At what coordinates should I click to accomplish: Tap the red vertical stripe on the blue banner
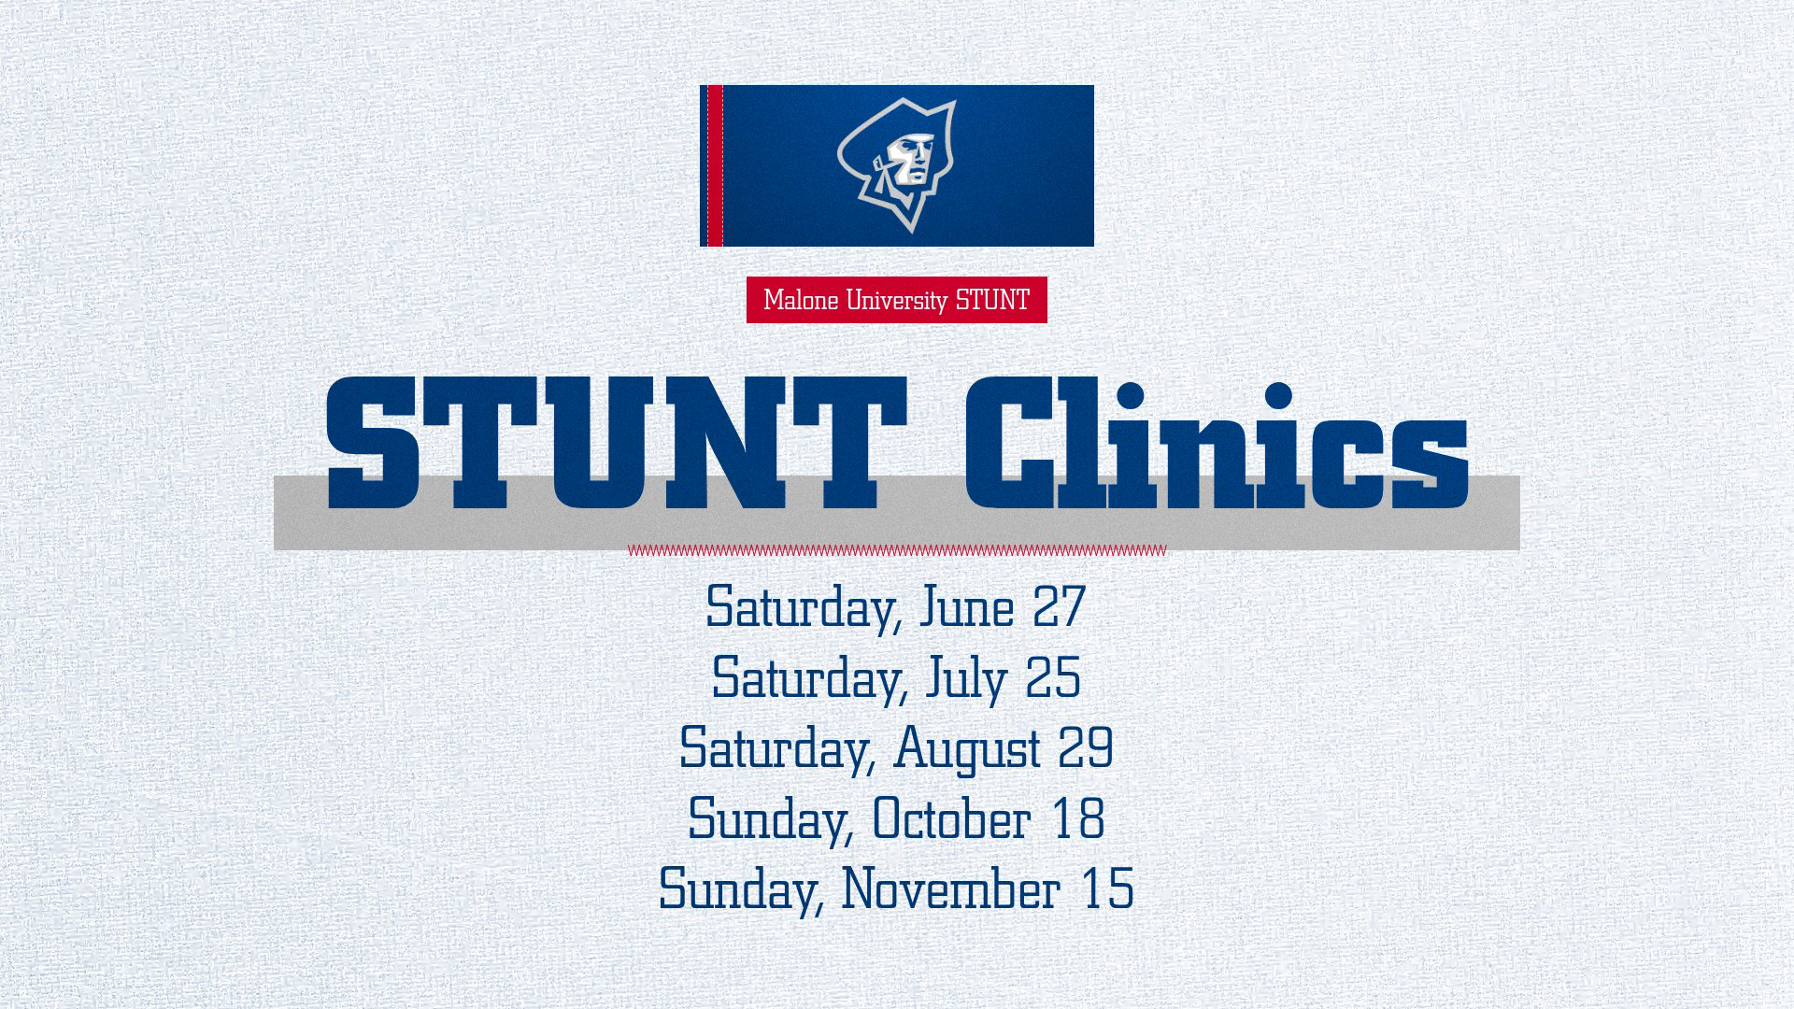click(x=715, y=165)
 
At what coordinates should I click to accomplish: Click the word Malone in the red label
click(x=801, y=300)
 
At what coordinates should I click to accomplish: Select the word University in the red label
click(x=896, y=300)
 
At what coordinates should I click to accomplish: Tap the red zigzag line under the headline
click(x=897, y=550)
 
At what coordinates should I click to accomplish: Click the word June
click(x=967, y=607)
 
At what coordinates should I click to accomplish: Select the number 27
click(x=1059, y=607)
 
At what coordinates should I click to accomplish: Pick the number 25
click(x=1053, y=677)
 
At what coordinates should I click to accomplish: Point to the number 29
click(x=1086, y=748)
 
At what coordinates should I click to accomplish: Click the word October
click(x=951, y=819)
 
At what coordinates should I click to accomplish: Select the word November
click(x=951, y=889)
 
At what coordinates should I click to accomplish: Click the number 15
click(x=1107, y=889)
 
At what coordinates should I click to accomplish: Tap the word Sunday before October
click(x=768, y=819)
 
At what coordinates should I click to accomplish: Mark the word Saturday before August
click(x=776, y=748)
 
